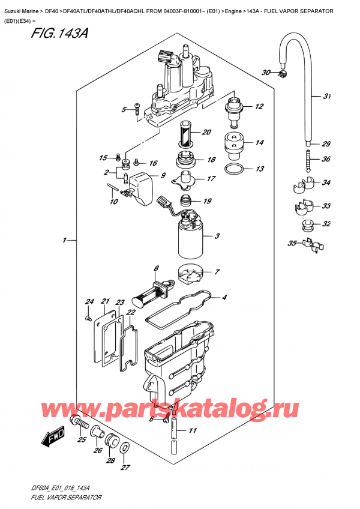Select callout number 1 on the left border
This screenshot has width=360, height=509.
[x=64, y=241]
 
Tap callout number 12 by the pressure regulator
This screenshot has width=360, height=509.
[x=259, y=107]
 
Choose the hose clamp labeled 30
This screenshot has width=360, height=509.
[x=284, y=74]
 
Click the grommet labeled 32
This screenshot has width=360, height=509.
[x=308, y=226]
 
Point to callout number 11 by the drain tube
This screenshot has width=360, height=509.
[x=192, y=430]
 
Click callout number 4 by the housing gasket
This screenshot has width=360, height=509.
[x=224, y=297]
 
